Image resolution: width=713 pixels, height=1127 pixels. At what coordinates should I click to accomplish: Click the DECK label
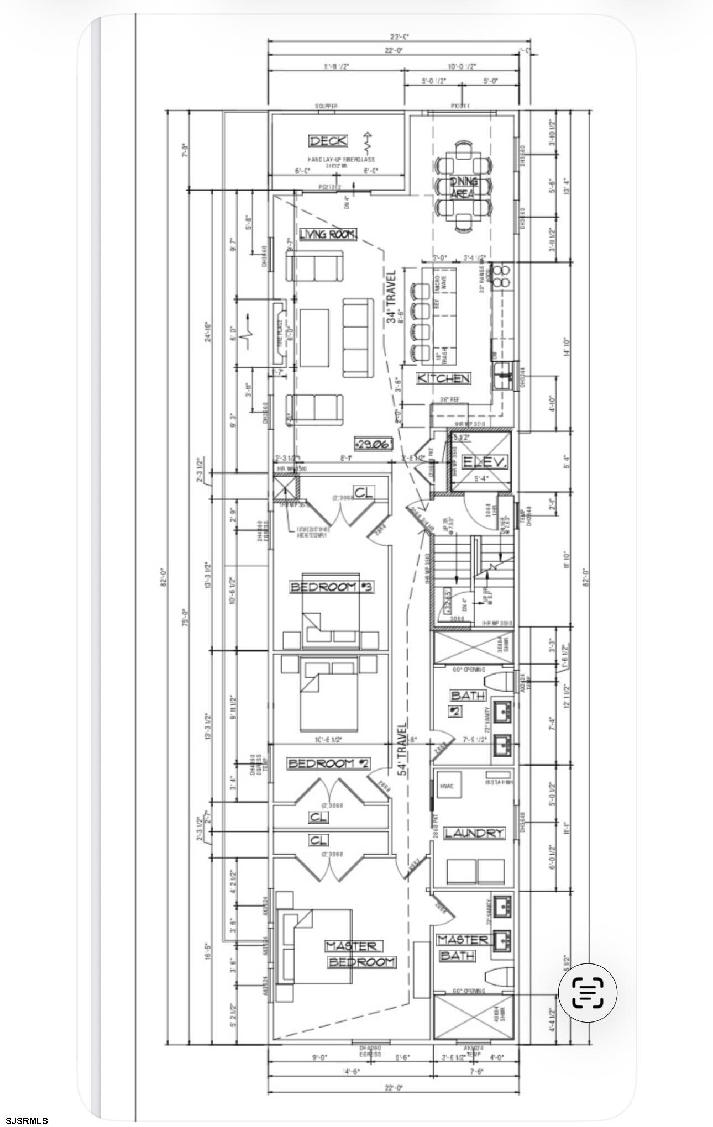[328, 141]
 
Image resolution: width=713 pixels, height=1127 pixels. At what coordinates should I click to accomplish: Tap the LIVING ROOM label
[328, 234]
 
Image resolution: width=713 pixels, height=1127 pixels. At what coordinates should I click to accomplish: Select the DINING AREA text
[463, 188]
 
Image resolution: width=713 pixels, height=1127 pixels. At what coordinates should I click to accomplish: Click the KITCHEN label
[444, 378]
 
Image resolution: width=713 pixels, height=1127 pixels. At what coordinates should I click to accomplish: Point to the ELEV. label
[484, 462]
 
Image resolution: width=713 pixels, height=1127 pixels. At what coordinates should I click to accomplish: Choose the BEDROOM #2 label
[328, 763]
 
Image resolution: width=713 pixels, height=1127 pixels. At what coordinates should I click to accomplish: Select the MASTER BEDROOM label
[359, 954]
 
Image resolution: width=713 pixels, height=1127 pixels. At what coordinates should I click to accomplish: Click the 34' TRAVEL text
[391, 297]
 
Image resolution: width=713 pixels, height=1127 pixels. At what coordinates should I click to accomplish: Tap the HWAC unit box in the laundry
[447, 786]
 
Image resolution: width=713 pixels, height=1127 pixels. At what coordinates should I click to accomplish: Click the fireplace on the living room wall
[280, 332]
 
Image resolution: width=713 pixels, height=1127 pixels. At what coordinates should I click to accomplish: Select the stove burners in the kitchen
[504, 276]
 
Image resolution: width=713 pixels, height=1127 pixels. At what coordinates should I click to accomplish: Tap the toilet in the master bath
[497, 976]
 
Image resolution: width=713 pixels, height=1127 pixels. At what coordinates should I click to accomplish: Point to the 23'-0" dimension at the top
[399, 37]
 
